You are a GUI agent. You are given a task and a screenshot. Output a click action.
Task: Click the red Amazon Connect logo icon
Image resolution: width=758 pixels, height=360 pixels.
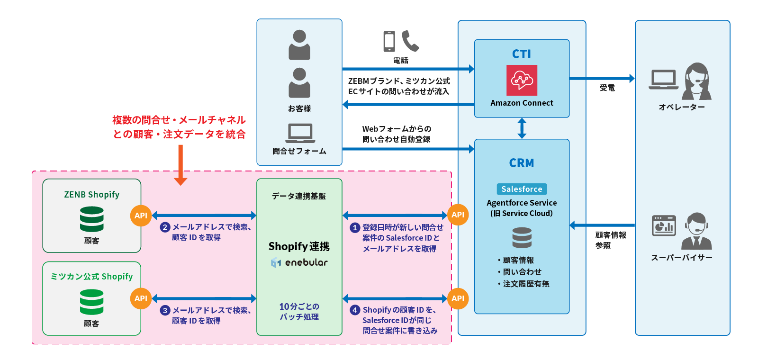click(x=522, y=80)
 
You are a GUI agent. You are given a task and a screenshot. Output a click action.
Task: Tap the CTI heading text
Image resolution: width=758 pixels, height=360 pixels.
click(x=522, y=54)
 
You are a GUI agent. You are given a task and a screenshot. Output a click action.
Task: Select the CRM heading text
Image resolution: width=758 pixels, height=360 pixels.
click(x=522, y=163)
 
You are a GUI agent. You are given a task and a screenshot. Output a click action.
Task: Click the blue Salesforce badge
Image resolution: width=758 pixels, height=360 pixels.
click(x=522, y=189)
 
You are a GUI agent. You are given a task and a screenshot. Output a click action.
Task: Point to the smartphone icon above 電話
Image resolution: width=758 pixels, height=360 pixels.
click(x=389, y=42)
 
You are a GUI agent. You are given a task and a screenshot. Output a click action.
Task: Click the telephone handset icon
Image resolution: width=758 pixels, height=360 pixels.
click(x=410, y=41)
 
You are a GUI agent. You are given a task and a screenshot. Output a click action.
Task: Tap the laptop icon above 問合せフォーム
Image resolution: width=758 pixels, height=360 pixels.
click(x=300, y=133)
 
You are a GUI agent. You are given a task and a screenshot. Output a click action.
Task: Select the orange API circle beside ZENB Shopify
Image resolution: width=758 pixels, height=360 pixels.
click(x=141, y=216)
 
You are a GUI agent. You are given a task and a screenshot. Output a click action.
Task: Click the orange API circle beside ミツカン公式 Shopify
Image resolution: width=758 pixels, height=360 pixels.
click(x=141, y=298)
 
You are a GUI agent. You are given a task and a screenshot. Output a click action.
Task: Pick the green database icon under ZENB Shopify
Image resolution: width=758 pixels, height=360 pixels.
click(x=91, y=219)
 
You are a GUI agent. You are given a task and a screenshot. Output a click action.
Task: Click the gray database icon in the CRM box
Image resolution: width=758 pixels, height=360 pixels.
click(x=522, y=238)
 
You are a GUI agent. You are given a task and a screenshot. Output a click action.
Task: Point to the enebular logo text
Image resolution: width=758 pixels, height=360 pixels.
click(x=299, y=262)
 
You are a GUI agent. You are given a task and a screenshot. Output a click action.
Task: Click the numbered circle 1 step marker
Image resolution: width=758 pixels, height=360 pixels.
click(x=355, y=228)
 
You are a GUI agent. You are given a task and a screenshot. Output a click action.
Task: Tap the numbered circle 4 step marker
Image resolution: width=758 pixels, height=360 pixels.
click(x=355, y=310)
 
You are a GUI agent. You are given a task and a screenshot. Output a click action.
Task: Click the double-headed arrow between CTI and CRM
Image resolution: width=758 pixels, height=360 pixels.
click(x=522, y=128)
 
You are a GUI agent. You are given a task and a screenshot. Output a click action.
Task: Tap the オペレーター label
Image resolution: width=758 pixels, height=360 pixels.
click(x=682, y=107)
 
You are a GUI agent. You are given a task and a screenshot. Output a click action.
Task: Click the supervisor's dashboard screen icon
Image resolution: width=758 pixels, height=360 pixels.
click(x=664, y=225)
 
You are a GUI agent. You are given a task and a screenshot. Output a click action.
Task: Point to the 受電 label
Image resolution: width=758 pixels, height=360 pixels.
click(x=607, y=88)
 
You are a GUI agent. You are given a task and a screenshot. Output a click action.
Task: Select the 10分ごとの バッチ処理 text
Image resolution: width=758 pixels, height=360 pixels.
click(x=299, y=312)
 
